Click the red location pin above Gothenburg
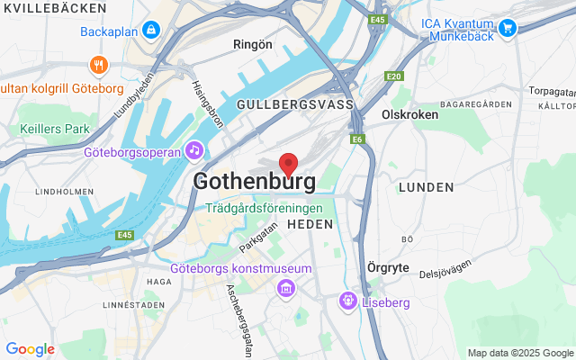[288, 164]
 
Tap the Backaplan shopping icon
[150, 31]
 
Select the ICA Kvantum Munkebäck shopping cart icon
[508, 28]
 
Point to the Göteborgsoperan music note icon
[193, 150]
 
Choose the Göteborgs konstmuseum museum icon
[286, 288]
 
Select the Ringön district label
[252, 43]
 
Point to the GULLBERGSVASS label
[294, 104]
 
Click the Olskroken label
[409, 114]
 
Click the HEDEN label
[310, 223]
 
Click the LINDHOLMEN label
[59, 192]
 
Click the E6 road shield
[358, 139]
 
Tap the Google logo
[30, 349]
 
